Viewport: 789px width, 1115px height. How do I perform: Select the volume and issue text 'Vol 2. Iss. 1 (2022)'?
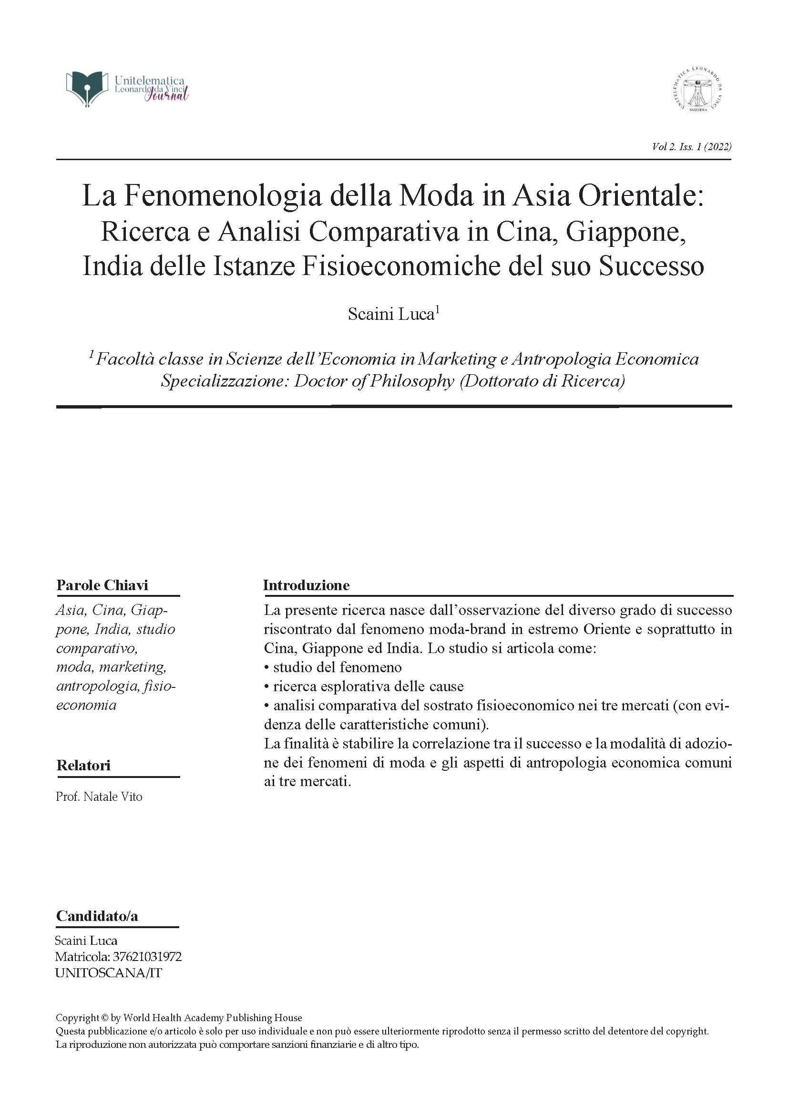(692, 147)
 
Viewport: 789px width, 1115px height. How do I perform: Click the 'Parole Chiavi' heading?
(102, 585)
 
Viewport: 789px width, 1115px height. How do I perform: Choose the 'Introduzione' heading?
(306, 585)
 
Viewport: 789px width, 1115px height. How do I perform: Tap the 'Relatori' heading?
(83, 766)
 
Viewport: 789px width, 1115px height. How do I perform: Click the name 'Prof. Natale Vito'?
(99, 797)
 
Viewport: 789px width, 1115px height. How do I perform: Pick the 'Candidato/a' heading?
(97, 916)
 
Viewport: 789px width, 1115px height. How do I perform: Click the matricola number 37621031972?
(147, 957)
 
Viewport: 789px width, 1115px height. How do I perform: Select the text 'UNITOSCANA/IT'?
(108, 973)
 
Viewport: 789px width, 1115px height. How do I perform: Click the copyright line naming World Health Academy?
(179, 1017)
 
